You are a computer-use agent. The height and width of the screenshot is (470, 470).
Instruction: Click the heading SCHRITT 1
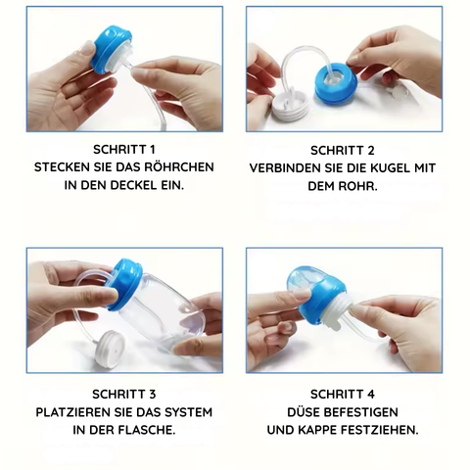pos(124,150)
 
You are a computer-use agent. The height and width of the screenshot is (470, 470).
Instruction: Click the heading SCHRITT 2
pos(343,150)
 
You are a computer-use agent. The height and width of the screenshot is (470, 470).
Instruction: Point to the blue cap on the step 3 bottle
pos(123,284)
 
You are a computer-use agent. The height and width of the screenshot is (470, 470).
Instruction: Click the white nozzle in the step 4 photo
pos(340,312)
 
